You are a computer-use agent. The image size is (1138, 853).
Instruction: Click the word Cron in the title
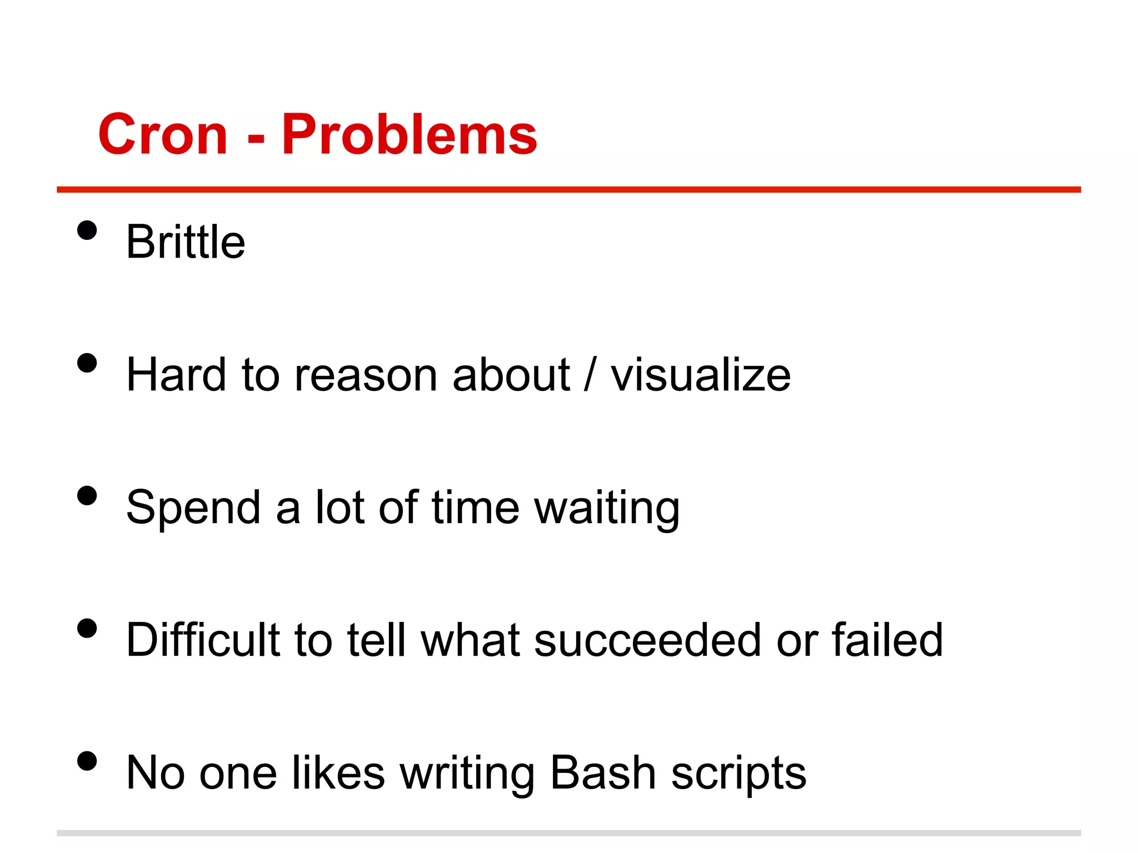[x=163, y=134]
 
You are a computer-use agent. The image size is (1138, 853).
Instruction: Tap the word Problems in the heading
[x=409, y=134]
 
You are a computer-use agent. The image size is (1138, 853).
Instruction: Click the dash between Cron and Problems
[x=256, y=137]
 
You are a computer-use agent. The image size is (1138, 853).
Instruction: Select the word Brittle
[x=186, y=242]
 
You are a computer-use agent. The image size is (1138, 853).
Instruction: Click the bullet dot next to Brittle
[x=87, y=230]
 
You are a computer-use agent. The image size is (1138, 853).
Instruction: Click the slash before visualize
[x=590, y=375]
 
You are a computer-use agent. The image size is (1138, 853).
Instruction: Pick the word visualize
[x=701, y=375]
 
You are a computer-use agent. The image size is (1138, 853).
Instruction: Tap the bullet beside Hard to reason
[x=87, y=363]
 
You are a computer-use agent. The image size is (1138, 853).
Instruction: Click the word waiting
[x=607, y=509]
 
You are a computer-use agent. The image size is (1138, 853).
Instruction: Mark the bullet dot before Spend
[x=87, y=495]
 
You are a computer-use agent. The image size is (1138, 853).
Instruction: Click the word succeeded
[x=647, y=640]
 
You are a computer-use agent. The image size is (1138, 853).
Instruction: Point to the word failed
[x=887, y=640]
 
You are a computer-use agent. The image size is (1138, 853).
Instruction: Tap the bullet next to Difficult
[x=87, y=629]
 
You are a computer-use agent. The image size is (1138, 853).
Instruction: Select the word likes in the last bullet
[x=338, y=773]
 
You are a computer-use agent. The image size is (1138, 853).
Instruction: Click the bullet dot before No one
[x=87, y=761]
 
